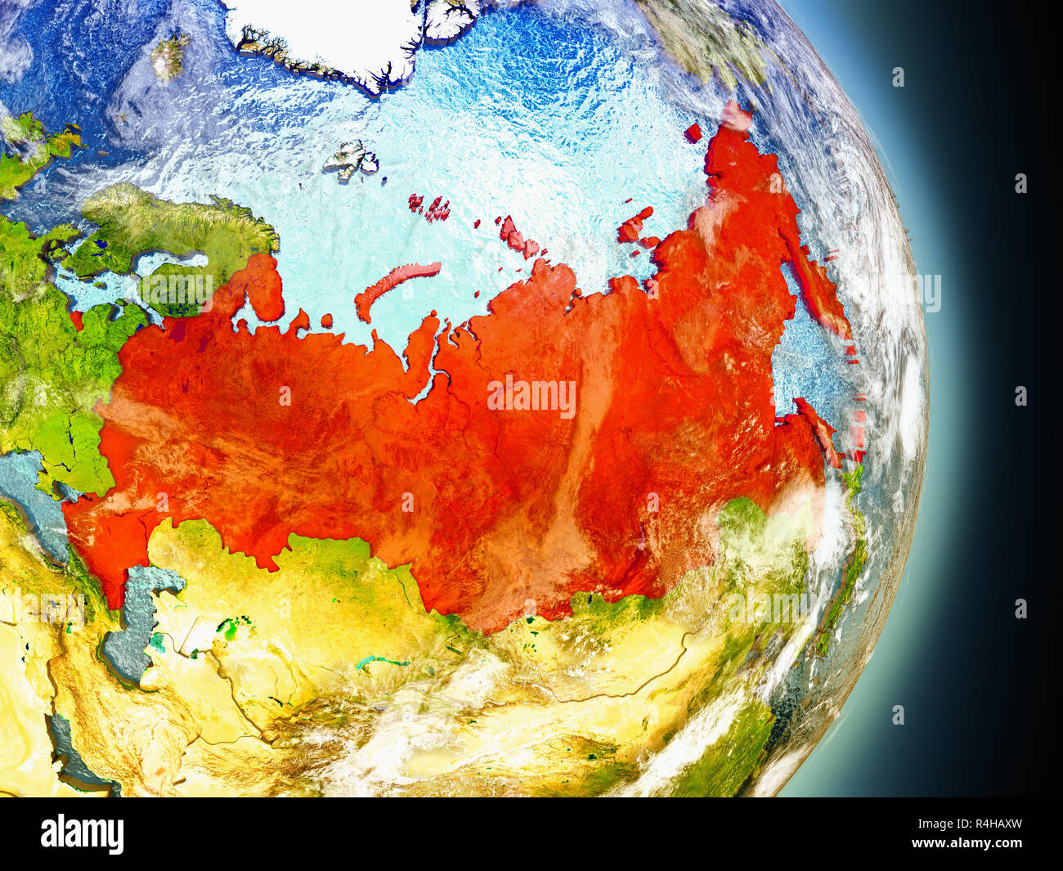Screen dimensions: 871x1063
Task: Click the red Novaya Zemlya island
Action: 392,286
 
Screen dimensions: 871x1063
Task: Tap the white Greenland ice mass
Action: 327,33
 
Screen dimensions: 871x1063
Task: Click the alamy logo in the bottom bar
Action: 82,834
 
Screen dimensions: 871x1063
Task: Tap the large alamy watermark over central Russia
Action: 531,397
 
